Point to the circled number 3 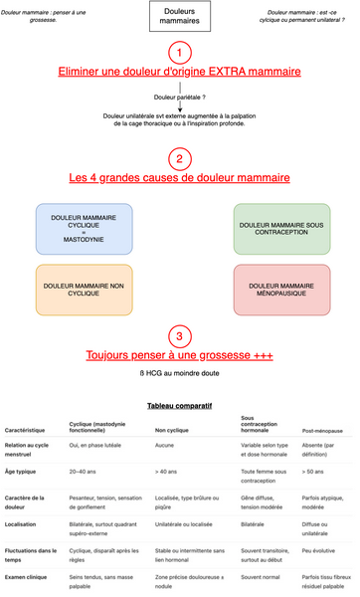coord(179,335)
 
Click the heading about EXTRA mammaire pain coord(179,73)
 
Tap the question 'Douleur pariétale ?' coord(179,98)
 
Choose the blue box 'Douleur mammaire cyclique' coord(78,226)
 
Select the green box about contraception coord(280,226)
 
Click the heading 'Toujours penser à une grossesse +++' coord(179,356)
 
